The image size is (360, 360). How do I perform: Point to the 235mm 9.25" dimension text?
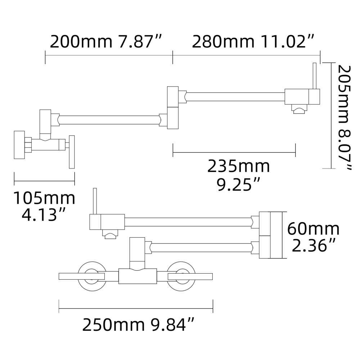(238, 175)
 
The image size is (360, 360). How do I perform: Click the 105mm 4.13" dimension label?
(44, 206)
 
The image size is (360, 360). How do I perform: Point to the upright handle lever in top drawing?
(314, 76)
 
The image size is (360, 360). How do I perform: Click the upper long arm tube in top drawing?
(236, 97)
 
